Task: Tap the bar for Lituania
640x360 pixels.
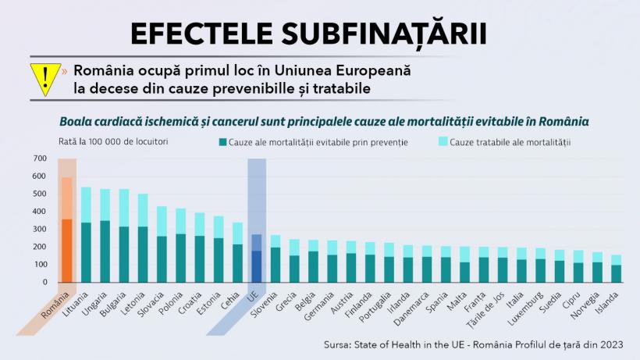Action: pyautogui.click(x=86, y=235)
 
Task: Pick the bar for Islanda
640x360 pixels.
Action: pyautogui.click(x=617, y=269)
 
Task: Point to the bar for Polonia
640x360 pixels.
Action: pyautogui.click(x=181, y=245)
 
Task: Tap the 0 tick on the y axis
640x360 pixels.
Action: pyautogui.click(x=44, y=283)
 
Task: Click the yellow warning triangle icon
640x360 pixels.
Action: pyautogui.click(x=45, y=79)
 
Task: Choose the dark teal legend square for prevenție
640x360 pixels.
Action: pyautogui.click(x=223, y=142)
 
